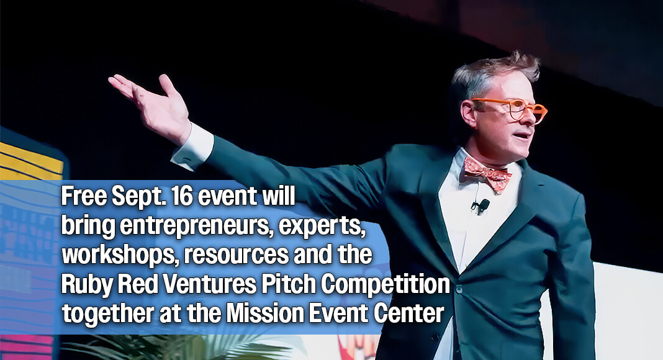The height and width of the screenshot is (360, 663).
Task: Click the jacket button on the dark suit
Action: [x=459, y=289]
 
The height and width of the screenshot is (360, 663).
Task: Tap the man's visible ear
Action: [x=469, y=113]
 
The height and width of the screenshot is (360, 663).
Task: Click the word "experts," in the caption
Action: [x=322, y=227]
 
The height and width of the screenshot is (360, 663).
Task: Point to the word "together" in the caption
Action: [x=107, y=314]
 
